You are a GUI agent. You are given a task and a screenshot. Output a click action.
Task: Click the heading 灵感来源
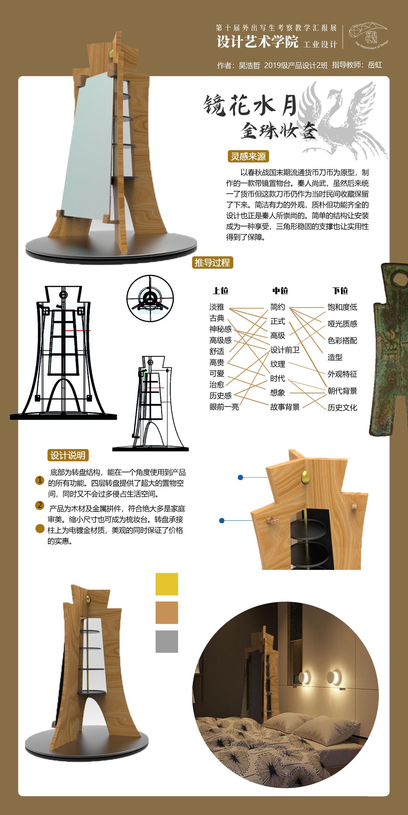point(248,156)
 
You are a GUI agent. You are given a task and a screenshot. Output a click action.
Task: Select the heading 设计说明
point(68,455)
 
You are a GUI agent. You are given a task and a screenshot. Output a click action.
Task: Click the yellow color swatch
point(167,584)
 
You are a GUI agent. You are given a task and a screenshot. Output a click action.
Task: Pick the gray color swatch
point(167,641)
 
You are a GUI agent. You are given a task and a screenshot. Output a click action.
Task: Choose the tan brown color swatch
point(167,613)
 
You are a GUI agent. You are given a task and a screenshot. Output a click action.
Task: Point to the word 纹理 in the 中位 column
point(277,364)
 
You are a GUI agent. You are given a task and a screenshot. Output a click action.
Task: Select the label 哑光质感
point(342,323)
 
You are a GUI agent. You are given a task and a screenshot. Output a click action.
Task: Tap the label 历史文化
point(342,407)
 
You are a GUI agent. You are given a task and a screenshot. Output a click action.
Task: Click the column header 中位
point(280,290)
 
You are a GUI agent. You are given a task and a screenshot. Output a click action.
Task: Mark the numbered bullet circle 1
point(40,480)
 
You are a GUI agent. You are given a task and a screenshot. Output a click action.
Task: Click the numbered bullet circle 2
point(40,505)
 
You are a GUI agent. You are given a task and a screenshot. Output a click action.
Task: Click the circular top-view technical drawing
point(150,298)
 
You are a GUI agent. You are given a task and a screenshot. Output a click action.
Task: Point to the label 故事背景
point(285,407)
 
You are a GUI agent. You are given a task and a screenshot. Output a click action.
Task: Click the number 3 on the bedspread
point(229,743)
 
